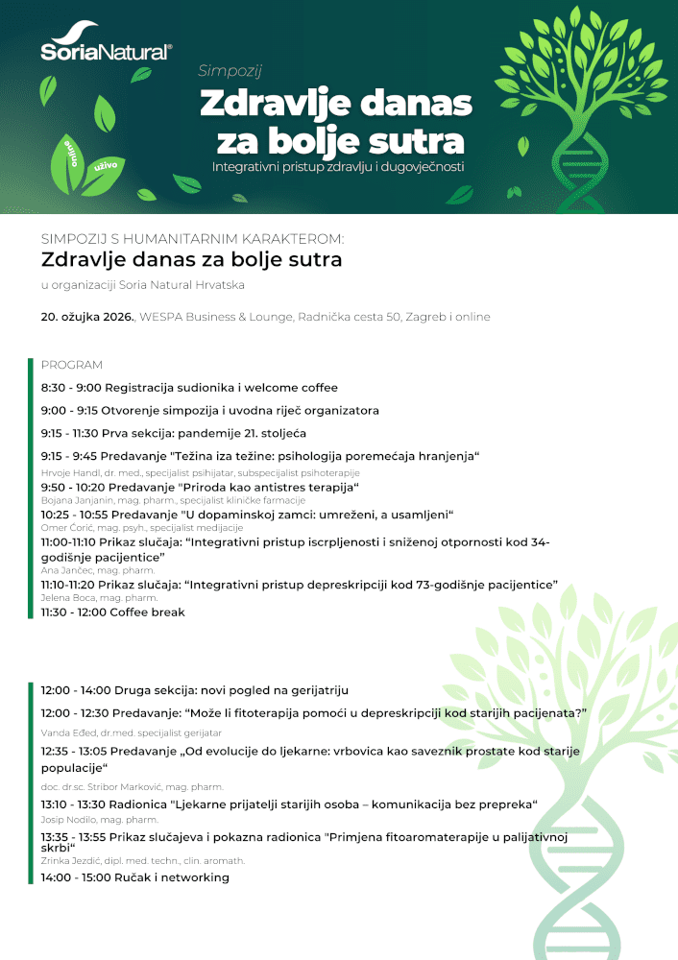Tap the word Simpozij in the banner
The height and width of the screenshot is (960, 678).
click(230, 70)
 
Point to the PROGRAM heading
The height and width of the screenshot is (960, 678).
click(71, 365)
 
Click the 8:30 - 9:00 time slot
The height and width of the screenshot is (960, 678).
click(70, 388)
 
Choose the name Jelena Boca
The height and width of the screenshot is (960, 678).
click(65, 598)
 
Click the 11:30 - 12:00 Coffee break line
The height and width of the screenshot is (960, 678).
click(112, 612)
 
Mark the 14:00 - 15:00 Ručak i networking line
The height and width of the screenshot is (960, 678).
click(134, 877)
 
